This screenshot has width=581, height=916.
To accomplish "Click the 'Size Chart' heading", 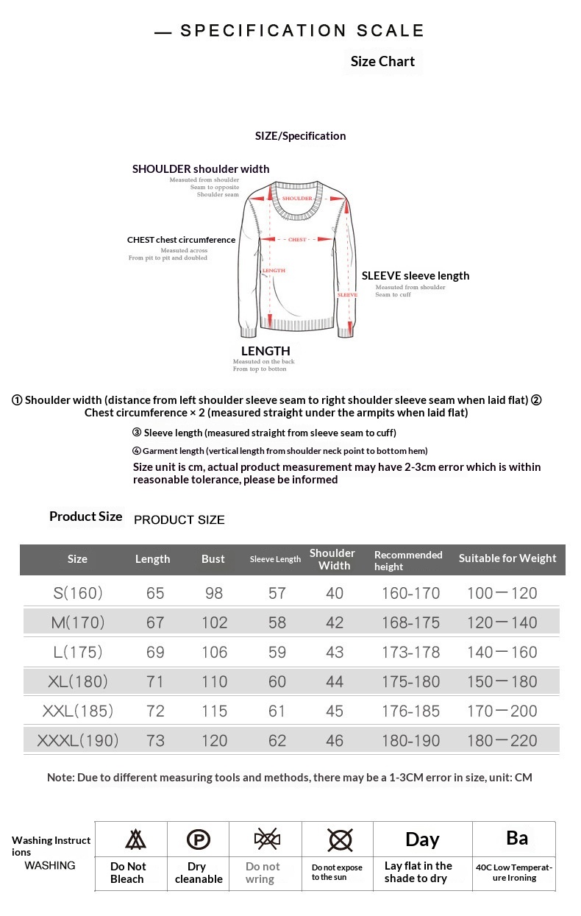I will (x=382, y=62).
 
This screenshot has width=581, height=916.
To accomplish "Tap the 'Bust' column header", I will (x=213, y=559).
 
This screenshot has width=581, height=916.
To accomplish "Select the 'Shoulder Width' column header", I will (x=332, y=559).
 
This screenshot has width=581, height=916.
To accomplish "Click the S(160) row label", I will (x=77, y=593).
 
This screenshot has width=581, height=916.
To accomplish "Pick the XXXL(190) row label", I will (x=77, y=740).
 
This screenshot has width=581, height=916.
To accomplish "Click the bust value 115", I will (x=215, y=711).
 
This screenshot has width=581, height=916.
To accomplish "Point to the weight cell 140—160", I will (x=502, y=652).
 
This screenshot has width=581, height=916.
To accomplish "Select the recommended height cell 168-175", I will (x=410, y=622).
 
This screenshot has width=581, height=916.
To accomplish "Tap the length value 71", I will (x=155, y=681).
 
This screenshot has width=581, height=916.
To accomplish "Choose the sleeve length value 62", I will (x=277, y=740).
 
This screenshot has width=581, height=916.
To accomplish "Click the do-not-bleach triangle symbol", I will (x=135, y=839).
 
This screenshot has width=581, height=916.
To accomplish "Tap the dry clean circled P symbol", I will (x=199, y=839).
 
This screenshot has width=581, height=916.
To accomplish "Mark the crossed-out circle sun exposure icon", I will (x=340, y=839).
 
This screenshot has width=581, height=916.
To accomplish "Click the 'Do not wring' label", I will (x=263, y=873).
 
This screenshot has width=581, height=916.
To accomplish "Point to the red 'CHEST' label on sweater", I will (x=297, y=240).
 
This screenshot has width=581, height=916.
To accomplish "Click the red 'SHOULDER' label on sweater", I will (x=297, y=199).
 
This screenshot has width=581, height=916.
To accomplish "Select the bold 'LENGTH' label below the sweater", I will (x=265, y=351).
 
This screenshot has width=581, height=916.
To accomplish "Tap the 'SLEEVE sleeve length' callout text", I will (x=416, y=276).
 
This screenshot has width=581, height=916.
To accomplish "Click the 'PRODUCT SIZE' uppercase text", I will (x=179, y=520).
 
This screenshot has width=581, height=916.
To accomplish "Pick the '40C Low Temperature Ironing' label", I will (x=514, y=873).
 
